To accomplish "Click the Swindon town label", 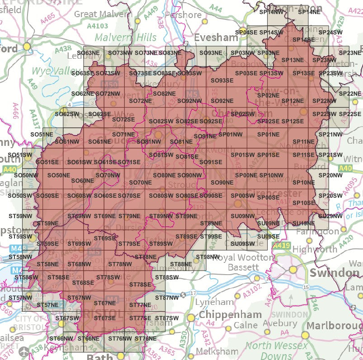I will point(335,273).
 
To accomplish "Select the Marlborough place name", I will point(337,326).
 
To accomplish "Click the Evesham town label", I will point(216,37).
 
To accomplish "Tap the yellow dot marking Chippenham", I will point(191,318).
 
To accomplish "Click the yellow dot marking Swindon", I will point(293,270).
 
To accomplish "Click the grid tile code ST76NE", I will point(145,338).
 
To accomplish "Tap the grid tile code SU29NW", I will point(330,216).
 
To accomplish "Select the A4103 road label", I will point(98,26).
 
